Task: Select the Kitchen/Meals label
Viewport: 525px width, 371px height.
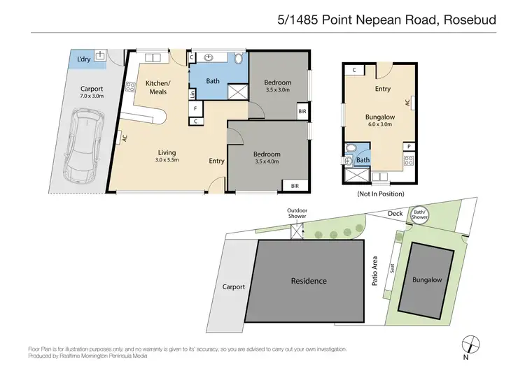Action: click(156, 87)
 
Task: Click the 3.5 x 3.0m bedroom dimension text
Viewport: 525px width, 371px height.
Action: click(277, 89)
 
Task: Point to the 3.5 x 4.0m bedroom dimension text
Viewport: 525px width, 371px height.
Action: click(267, 161)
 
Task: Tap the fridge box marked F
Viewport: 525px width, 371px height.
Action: click(196, 108)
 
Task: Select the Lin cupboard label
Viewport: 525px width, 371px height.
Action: click(192, 94)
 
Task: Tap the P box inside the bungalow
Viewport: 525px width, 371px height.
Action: click(407, 146)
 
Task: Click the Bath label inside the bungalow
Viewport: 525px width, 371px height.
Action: click(363, 160)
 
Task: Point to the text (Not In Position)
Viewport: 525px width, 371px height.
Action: click(380, 193)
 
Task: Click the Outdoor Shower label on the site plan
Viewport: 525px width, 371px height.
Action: click(297, 214)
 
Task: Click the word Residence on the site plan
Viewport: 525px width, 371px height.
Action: click(309, 281)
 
